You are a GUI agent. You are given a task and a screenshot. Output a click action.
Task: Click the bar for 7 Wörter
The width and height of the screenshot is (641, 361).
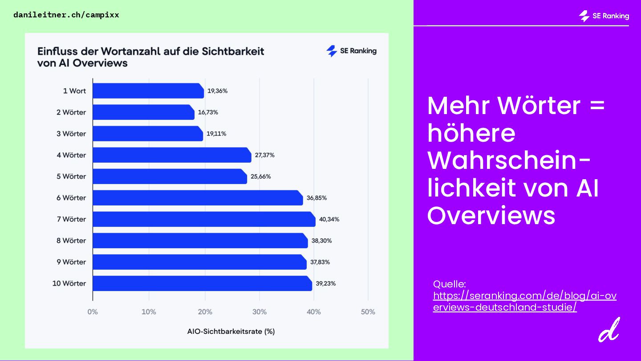coord(204,219)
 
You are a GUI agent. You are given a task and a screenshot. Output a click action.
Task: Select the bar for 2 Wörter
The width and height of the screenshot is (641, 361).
coord(143,112)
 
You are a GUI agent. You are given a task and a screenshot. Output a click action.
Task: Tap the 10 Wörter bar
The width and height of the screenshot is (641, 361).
coord(202,283)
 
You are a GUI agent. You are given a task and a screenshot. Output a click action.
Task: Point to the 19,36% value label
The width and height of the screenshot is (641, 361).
coord(217,91)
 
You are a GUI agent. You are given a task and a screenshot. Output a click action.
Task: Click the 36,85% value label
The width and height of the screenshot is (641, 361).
coord(316,198)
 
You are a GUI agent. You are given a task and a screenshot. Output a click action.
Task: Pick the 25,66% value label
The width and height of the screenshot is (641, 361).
coord(260,176)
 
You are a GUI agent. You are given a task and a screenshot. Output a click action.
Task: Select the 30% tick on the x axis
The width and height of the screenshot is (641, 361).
coord(259,312)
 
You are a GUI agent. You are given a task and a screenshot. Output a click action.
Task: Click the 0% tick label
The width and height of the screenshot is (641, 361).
coord(93,312)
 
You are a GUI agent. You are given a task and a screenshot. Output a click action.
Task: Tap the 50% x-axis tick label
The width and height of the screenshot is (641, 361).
coord(368,312)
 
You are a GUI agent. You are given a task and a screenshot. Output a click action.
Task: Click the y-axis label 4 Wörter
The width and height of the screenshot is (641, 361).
coord(71,155)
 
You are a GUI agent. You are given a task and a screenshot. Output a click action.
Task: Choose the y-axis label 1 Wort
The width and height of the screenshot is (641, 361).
coord(74,91)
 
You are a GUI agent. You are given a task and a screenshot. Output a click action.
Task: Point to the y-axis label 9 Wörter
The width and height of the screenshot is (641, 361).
coord(71,262)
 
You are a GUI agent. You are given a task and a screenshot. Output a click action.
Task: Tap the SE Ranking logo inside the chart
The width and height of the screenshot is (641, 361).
coord(351,51)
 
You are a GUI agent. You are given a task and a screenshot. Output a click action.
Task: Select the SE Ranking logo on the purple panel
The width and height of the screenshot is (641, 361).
coord(604,16)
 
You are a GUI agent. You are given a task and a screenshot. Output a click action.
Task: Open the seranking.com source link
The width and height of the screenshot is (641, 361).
coord(524,301)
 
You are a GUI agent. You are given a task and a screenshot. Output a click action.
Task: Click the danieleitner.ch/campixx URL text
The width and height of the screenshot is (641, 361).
coord(66,15)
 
